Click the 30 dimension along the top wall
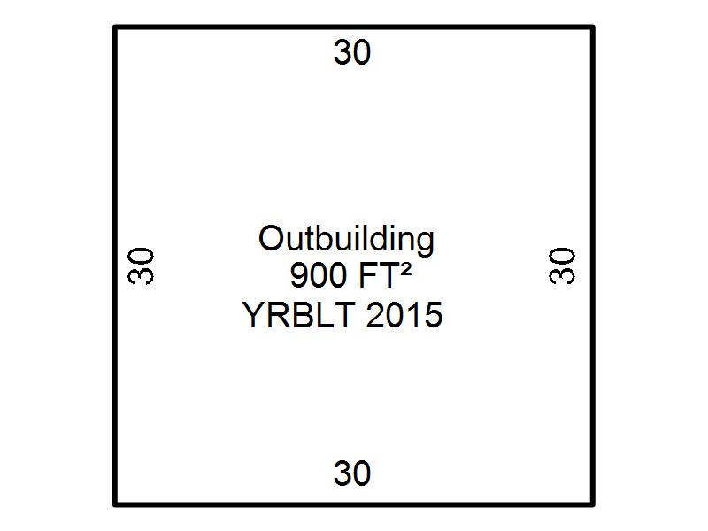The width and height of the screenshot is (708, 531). pyautogui.click(x=352, y=52)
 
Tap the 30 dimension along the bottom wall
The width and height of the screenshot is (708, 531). pyautogui.click(x=352, y=473)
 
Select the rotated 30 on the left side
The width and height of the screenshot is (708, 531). pyautogui.click(x=141, y=265)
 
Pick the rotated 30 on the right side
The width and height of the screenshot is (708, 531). pyautogui.click(x=562, y=265)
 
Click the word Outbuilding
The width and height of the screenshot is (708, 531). pyautogui.click(x=346, y=239)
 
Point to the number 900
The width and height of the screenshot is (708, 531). pyautogui.click(x=319, y=275)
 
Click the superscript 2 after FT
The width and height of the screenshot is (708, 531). pyautogui.click(x=405, y=270)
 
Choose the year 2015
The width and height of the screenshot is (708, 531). pyautogui.click(x=404, y=315)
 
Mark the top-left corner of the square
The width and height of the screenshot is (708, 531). pyautogui.click(x=115, y=27)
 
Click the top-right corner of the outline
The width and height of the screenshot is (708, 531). pyautogui.click(x=593, y=27)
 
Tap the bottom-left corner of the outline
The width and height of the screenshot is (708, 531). pyautogui.click(x=115, y=504)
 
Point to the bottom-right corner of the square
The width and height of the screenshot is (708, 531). pyautogui.click(x=593, y=504)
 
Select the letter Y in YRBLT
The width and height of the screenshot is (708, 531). pyautogui.click(x=254, y=315)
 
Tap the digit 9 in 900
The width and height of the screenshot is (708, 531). pyautogui.click(x=300, y=275)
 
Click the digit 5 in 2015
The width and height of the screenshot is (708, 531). pyautogui.click(x=434, y=315)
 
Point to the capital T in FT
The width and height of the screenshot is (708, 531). pyautogui.click(x=389, y=275)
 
